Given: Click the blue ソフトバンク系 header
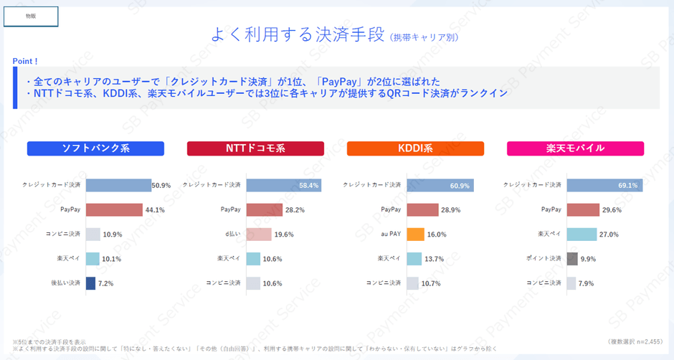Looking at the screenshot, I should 95,148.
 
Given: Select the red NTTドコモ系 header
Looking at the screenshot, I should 255,148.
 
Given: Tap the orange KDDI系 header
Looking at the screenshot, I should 415,148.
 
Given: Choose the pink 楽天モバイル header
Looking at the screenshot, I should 575,148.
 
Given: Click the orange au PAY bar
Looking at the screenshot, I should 416,235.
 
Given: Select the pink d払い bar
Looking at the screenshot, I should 259,235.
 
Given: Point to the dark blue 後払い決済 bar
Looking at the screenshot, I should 90,283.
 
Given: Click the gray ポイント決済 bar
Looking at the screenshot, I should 572,259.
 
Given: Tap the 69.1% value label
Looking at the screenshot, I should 628,186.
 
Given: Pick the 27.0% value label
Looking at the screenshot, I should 608,235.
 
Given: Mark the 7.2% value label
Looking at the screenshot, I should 105,283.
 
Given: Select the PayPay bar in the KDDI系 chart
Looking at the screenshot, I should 422,210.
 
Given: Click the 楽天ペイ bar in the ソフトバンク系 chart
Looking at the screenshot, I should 92,259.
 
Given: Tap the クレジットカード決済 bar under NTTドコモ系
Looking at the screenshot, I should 283,186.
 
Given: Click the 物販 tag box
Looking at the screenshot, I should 31,15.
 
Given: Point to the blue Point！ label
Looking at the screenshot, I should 26,61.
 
